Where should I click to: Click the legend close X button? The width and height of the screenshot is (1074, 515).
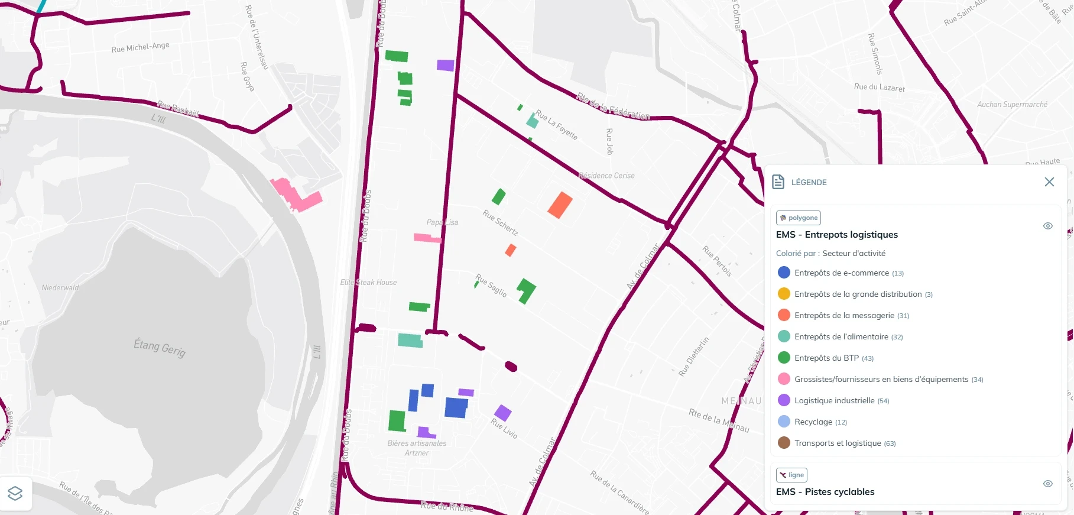click(x=1049, y=182)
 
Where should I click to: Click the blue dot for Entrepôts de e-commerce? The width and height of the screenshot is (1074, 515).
click(x=784, y=273)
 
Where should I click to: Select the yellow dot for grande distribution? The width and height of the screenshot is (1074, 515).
click(x=784, y=294)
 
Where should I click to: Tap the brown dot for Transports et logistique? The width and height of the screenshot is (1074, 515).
click(x=784, y=443)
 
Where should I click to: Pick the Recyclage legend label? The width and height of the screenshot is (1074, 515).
click(x=813, y=422)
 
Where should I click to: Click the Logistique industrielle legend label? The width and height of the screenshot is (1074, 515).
click(x=834, y=401)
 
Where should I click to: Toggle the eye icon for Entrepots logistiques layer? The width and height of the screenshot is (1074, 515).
click(x=1048, y=226)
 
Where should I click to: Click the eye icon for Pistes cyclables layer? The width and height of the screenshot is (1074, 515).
click(x=1048, y=484)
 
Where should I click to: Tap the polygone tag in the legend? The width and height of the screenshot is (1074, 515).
click(x=799, y=218)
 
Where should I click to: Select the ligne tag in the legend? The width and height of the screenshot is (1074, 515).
click(x=791, y=475)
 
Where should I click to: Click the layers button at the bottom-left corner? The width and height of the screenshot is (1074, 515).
click(x=15, y=493)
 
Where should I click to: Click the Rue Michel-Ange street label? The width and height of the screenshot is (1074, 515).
click(x=140, y=47)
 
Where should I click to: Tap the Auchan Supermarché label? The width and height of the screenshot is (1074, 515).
click(x=1012, y=105)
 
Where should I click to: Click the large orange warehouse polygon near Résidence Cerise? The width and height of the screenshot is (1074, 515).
click(x=560, y=205)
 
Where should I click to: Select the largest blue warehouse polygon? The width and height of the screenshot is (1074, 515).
click(x=456, y=407)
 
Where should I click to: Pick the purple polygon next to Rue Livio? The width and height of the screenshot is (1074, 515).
click(x=502, y=413)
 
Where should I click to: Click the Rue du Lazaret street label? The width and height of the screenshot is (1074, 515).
click(x=879, y=87)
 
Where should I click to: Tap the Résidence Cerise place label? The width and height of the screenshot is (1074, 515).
click(x=606, y=176)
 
